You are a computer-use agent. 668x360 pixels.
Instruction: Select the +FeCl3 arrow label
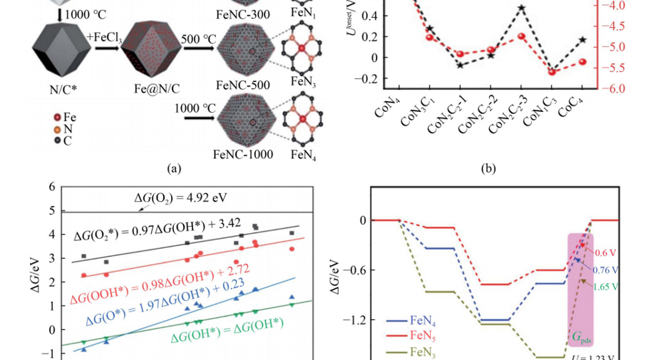tap(106, 36)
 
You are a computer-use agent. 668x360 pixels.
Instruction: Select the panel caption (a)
tap(172, 169)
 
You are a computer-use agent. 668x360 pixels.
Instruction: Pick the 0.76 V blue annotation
tap(605, 270)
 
